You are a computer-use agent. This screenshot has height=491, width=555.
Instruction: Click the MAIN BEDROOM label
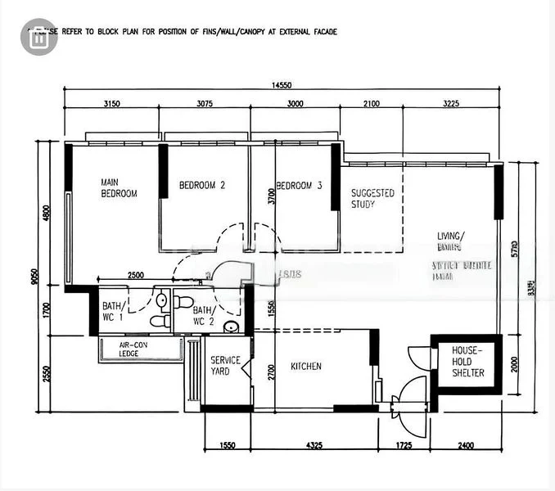[119, 188]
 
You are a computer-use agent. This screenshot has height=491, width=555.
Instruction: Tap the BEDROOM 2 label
[202, 186]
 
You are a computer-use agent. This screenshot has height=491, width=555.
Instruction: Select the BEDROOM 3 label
[299, 186]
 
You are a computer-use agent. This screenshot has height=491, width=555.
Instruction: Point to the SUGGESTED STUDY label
[372, 199]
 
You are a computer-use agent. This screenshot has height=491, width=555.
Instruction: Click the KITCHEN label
[306, 367]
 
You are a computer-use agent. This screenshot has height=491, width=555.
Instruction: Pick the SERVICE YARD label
[225, 366]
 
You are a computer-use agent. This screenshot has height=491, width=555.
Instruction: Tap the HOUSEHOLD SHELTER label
[467, 362]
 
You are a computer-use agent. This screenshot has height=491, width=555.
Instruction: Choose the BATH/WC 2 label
[203, 315]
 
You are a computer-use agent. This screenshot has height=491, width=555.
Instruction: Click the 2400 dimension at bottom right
[466, 446]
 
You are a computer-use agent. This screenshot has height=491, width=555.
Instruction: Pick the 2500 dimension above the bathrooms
[136, 276]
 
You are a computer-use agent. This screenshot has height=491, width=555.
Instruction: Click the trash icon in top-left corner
[38, 37]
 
